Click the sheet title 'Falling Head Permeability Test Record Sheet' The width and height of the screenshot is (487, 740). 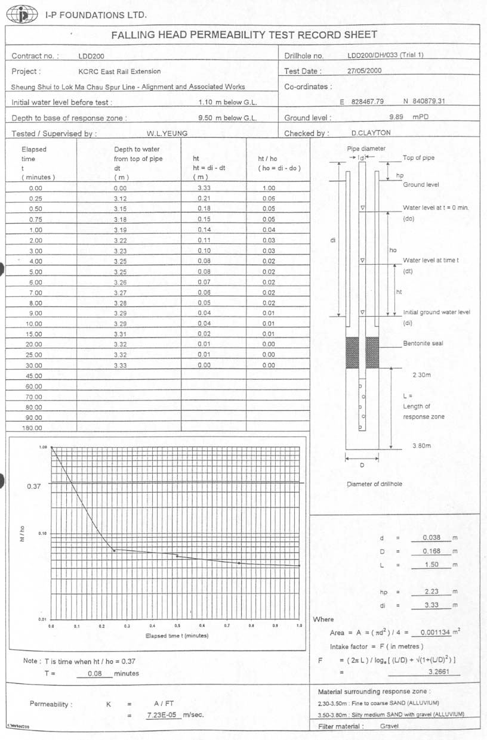[244, 35]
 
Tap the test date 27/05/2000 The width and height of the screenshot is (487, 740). [364, 71]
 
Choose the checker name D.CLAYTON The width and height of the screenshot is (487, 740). [371, 134]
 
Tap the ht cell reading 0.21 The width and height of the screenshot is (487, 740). [204, 199]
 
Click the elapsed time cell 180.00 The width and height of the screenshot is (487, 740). [33, 428]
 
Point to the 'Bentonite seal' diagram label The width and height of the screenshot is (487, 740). [423, 344]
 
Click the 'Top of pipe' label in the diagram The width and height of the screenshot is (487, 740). [418, 158]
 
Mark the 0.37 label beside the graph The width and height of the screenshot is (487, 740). [34, 487]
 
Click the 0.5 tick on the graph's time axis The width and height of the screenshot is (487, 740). [177, 626]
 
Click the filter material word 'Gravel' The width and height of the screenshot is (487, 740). [389, 726]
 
